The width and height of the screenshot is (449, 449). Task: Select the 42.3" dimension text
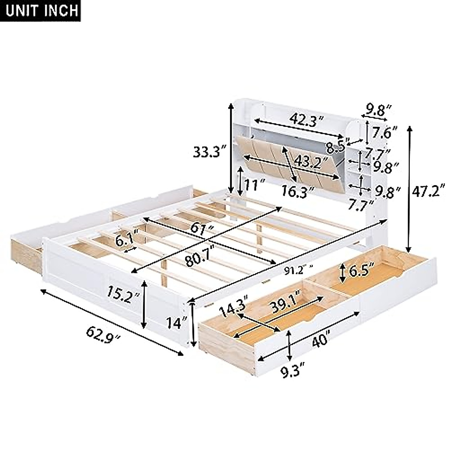coord(306,120)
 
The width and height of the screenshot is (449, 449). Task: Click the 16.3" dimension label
coord(298,193)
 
